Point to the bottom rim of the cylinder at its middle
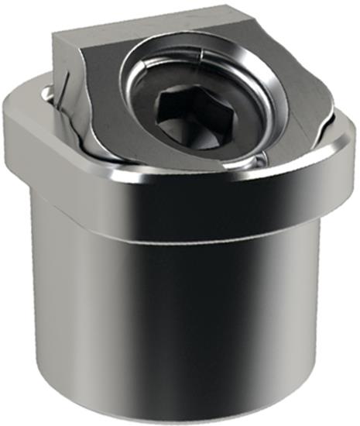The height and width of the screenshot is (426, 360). coord(186,418)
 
